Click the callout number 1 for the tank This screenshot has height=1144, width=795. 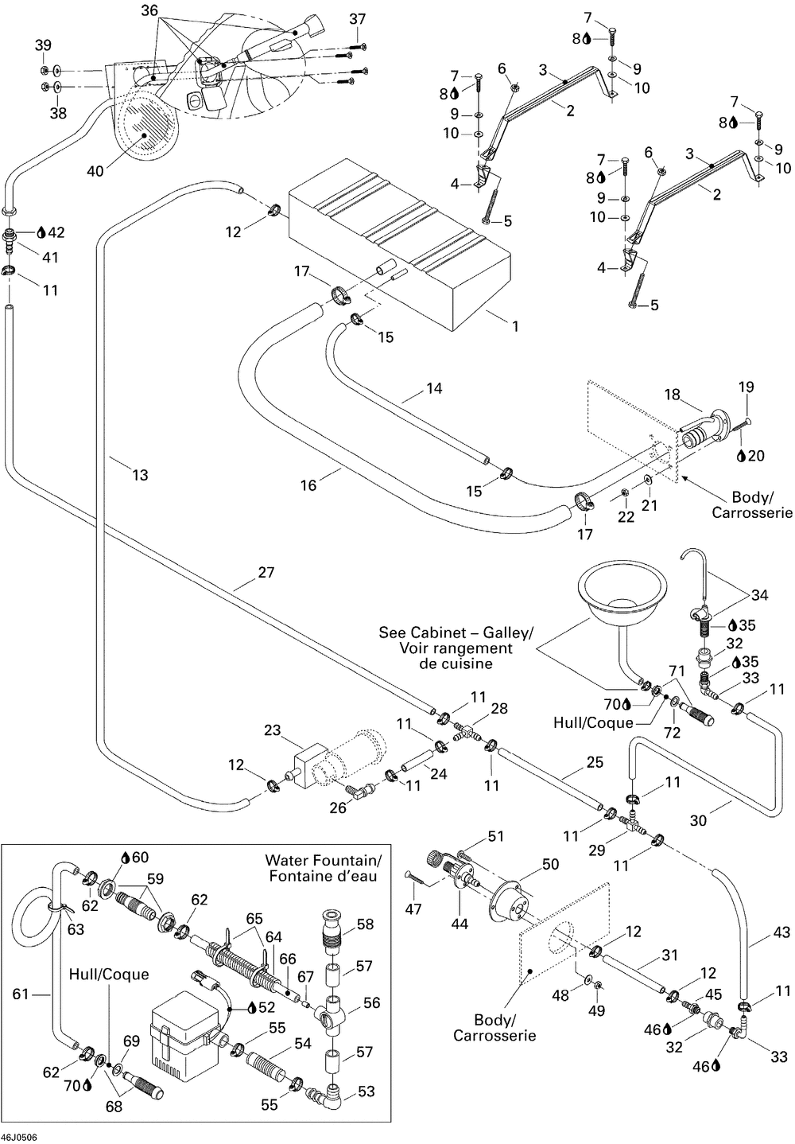(515, 326)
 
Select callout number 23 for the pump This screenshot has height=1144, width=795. (273, 730)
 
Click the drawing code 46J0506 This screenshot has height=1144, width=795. (19, 1138)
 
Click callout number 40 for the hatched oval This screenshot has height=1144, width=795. (95, 171)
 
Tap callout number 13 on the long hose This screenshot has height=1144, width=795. (140, 475)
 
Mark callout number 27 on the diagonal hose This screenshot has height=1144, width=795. (266, 573)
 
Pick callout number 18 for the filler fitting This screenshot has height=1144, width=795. (673, 395)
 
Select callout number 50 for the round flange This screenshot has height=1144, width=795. (551, 864)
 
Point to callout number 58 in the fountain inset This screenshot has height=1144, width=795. (366, 924)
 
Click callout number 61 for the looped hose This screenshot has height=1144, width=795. (21, 994)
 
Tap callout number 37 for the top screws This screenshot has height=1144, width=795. (358, 19)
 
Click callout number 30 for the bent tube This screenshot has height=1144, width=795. (698, 820)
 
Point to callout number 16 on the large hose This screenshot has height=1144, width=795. (308, 485)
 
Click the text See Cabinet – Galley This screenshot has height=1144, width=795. (456, 632)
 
